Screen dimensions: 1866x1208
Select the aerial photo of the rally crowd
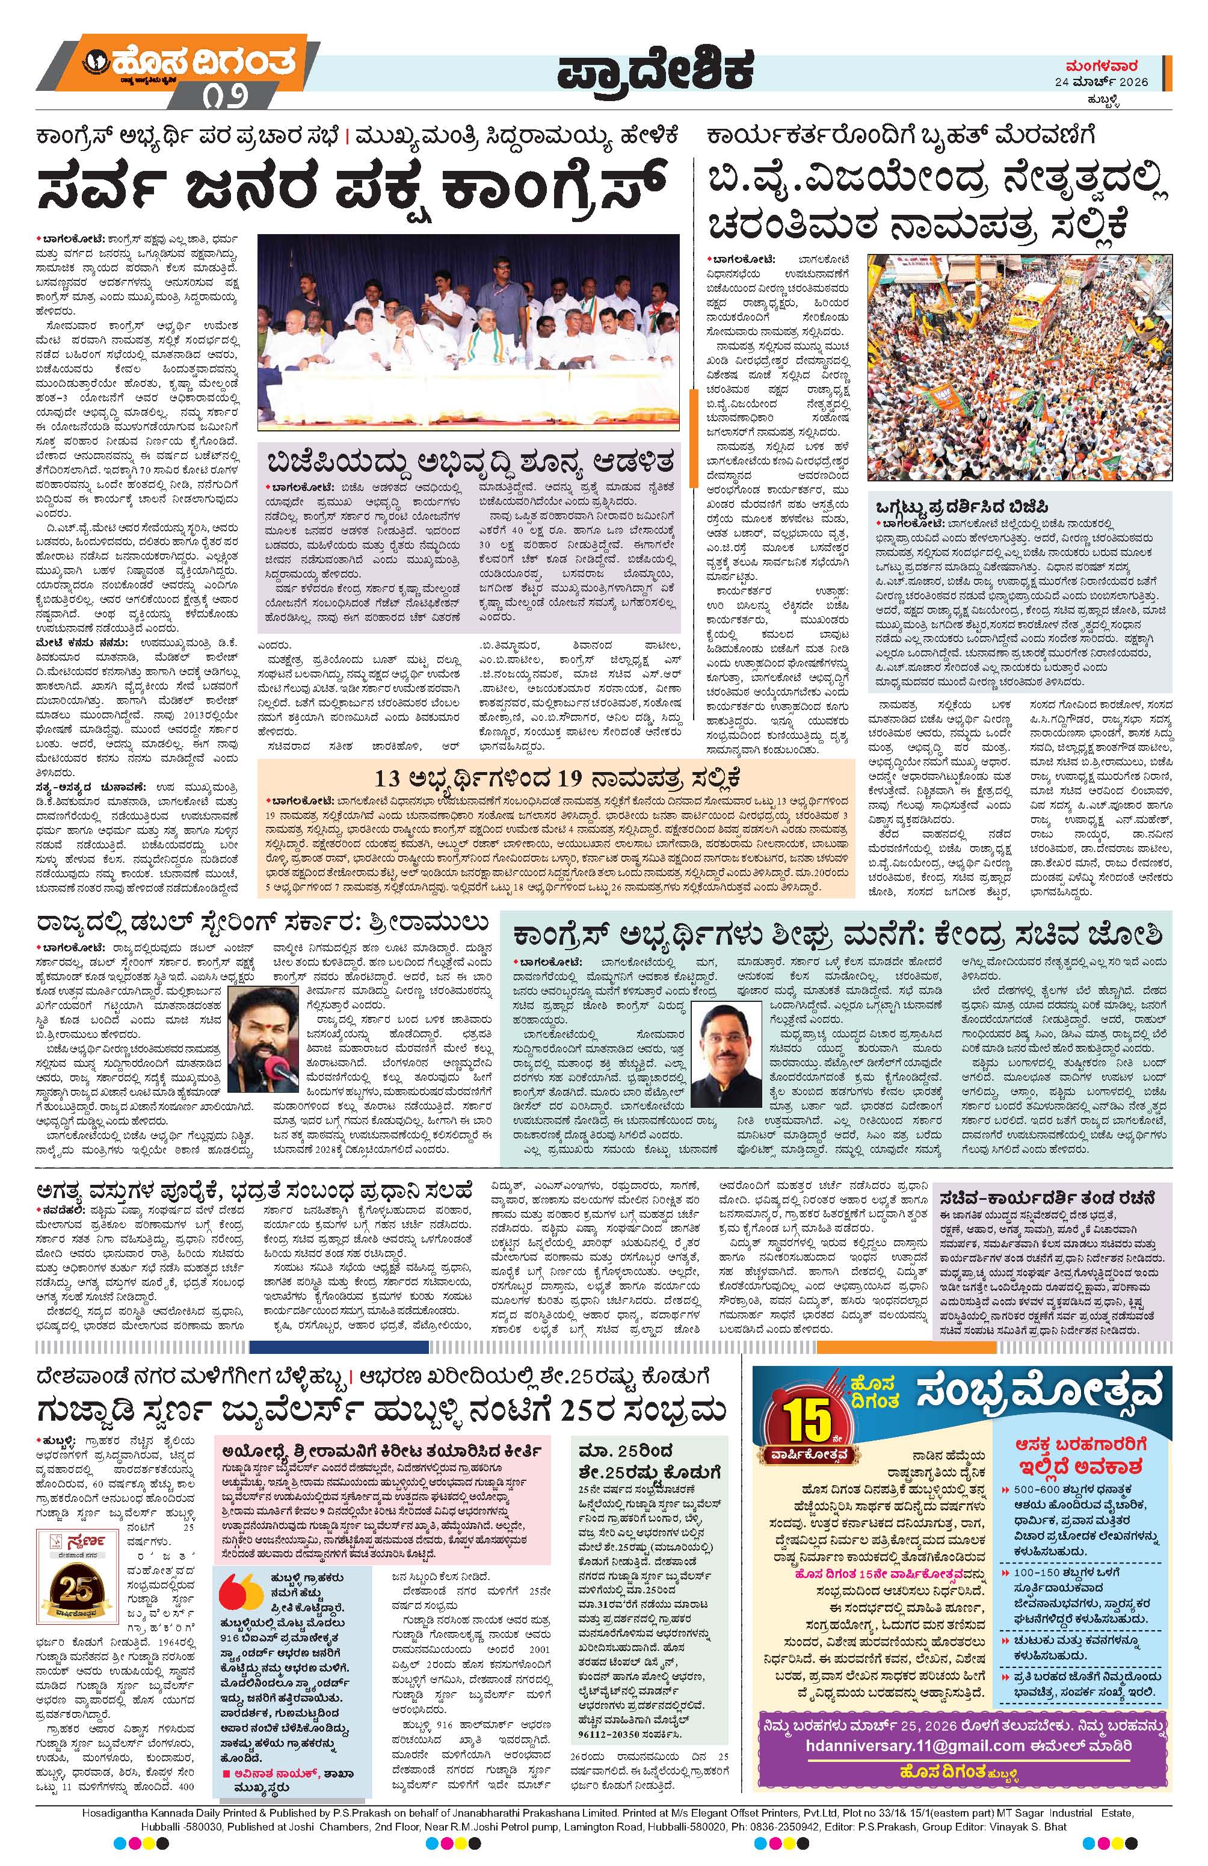pyautogui.click(x=1020, y=366)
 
